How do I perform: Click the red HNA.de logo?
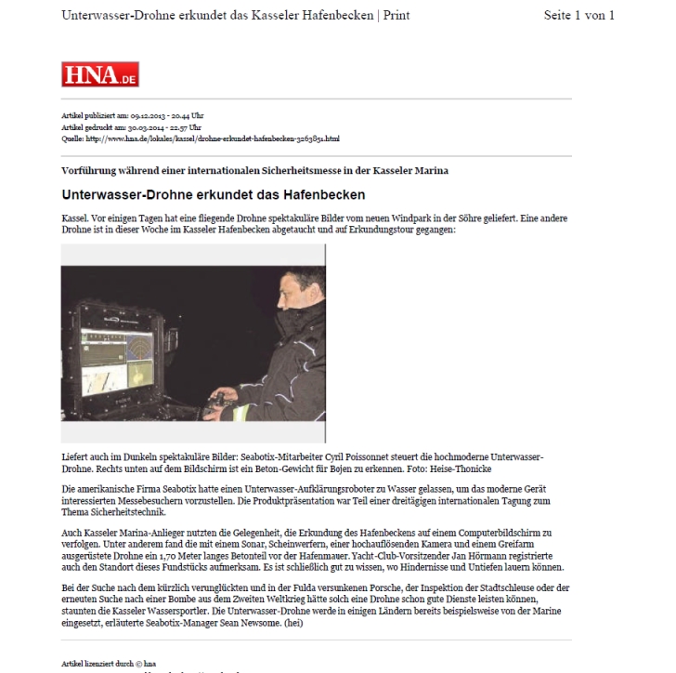click(x=99, y=74)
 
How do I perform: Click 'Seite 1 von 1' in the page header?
click(x=578, y=16)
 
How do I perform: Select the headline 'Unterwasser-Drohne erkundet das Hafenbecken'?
click(x=213, y=195)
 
